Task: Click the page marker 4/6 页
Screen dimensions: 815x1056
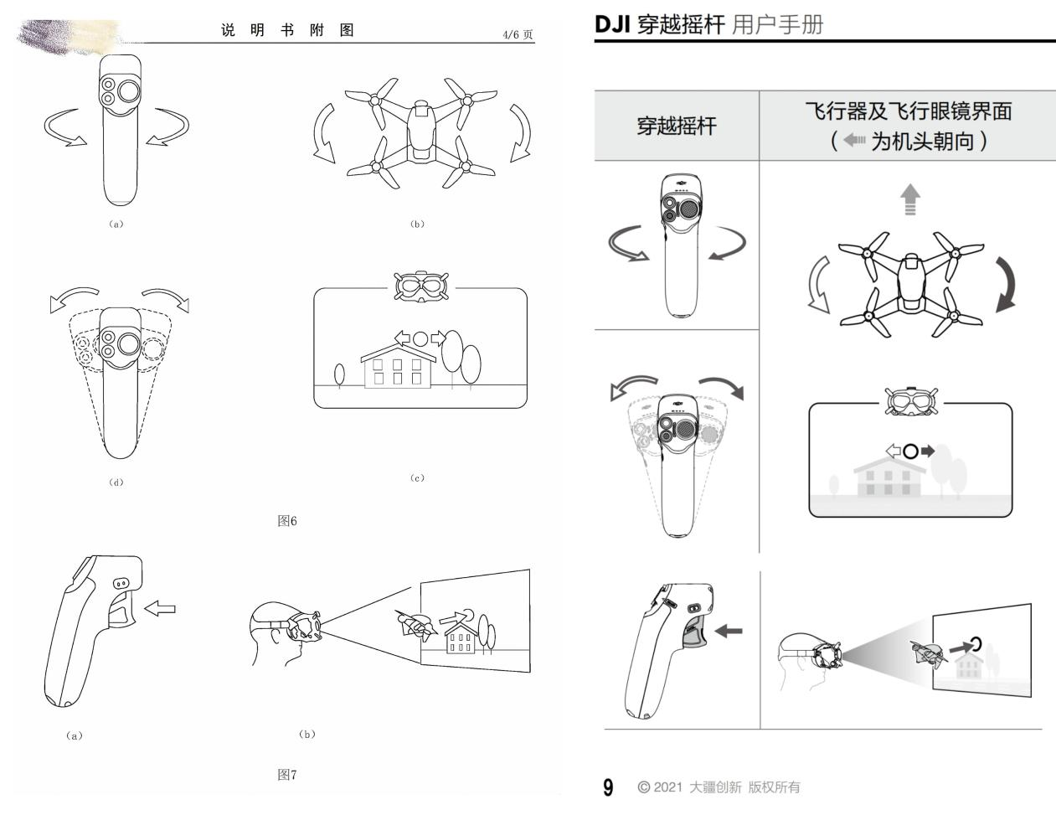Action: pyautogui.click(x=517, y=34)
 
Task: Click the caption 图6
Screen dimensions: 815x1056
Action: pyautogui.click(x=287, y=521)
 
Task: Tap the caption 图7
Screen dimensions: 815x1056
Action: pyautogui.click(x=287, y=775)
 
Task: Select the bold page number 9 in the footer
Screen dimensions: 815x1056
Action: pyautogui.click(x=609, y=787)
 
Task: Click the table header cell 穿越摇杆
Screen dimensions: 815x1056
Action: pyautogui.click(x=677, y=126)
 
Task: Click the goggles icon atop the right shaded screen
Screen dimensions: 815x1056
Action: pyautogui.click(x=911, y=402)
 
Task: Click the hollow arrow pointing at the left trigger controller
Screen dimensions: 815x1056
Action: pyautogui.click(x=160, y=608)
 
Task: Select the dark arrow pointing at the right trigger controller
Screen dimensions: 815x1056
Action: pyautogui.click(x=728, y=630)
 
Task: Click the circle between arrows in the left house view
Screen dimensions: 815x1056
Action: pyautogui.click(x=420, y=339)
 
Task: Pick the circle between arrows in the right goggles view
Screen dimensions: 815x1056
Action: pyautogui.click(x=910, y=451)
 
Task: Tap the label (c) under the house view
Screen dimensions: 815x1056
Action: pyautogui.click(x=417, y=478)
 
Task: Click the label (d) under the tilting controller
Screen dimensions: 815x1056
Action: pyautogui.click(x=116, y=482)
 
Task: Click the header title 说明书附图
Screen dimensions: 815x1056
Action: pyautogui.click(x=287, y=30)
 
